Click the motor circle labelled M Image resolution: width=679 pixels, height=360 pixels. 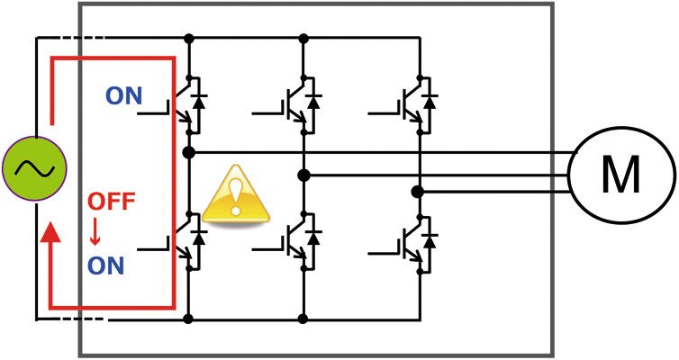(x=620, y=174)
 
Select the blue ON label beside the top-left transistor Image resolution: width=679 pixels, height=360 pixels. (x=123, y=95)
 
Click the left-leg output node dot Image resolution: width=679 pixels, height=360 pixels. (x=189, y=153)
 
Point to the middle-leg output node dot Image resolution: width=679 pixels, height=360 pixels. (x=303, y=174)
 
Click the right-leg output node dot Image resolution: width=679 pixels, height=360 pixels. (x=417, y=192)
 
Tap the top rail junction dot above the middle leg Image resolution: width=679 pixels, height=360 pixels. (x=303, y=39)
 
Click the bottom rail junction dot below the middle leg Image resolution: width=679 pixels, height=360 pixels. (x=303, y=319)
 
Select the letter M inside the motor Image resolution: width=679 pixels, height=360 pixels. (x=620, y=174)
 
